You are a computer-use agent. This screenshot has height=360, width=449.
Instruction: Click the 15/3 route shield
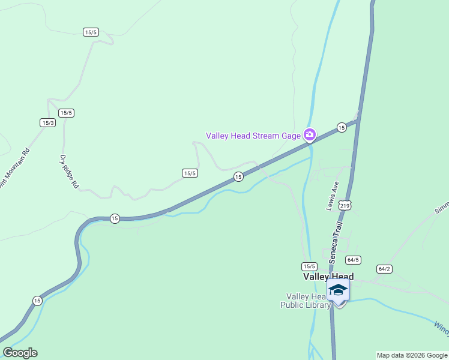pos(48,122)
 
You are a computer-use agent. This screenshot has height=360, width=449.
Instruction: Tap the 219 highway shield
pos(344,205)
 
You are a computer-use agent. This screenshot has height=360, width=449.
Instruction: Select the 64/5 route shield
pos(353,260)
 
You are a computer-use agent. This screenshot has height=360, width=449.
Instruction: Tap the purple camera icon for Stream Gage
pos(310,134)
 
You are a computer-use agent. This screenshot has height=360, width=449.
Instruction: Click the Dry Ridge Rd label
pos(69,172)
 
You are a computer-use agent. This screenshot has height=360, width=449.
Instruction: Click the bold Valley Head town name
pos(328,277)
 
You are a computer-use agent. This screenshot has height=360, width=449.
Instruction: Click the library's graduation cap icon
pos(339,290)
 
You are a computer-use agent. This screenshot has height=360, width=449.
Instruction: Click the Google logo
pos(20,353)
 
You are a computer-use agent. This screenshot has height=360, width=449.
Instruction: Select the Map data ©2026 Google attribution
pos(412,355)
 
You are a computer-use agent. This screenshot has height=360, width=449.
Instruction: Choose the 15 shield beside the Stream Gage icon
pos(341,127)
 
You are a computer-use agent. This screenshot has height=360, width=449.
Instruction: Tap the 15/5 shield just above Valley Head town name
pos(309,266)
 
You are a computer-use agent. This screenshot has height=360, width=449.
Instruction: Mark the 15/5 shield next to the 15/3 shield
pos(66,113)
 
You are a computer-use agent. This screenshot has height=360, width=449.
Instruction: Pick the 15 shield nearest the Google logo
pos(37,300)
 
